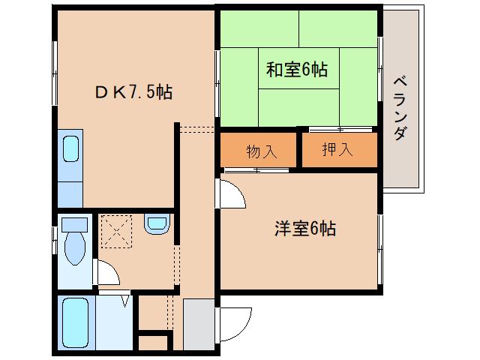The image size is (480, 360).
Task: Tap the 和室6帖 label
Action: pyautogui.click(x=296, y=70)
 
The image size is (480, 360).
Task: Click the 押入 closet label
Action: pyautogui.click(x=337, y=150)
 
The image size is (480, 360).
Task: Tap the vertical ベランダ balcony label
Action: pyautogui.click(x=400, y=109)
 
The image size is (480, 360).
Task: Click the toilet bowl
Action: pyautogui.click(x=75, y=247)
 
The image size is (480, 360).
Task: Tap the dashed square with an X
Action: pyautogui.click(x=116, y=229)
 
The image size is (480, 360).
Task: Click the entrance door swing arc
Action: pyautogui.click(x=233, y=323)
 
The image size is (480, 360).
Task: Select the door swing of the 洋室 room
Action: pyautogui.click(x=231, y=193)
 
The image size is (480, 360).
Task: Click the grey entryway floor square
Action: pyautogui.click(x=198, y=323)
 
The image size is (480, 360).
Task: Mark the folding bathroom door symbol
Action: pyautogui.click(x=126, y=301)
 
